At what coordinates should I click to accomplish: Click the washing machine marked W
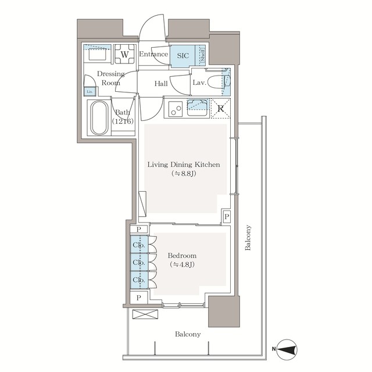124,55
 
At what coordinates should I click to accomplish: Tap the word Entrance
153,55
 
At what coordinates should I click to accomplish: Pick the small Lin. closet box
90,91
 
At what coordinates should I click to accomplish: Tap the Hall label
161,84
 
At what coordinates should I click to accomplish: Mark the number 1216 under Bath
123,121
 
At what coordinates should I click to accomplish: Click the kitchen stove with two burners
175,108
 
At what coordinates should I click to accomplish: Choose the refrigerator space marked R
221,108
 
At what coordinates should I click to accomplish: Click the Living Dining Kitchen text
183,164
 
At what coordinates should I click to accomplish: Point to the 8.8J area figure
183,174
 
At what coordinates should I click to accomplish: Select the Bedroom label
182,256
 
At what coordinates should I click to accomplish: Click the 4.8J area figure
182,265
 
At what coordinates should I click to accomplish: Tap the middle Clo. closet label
138,262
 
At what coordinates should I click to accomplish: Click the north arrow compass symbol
287,349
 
